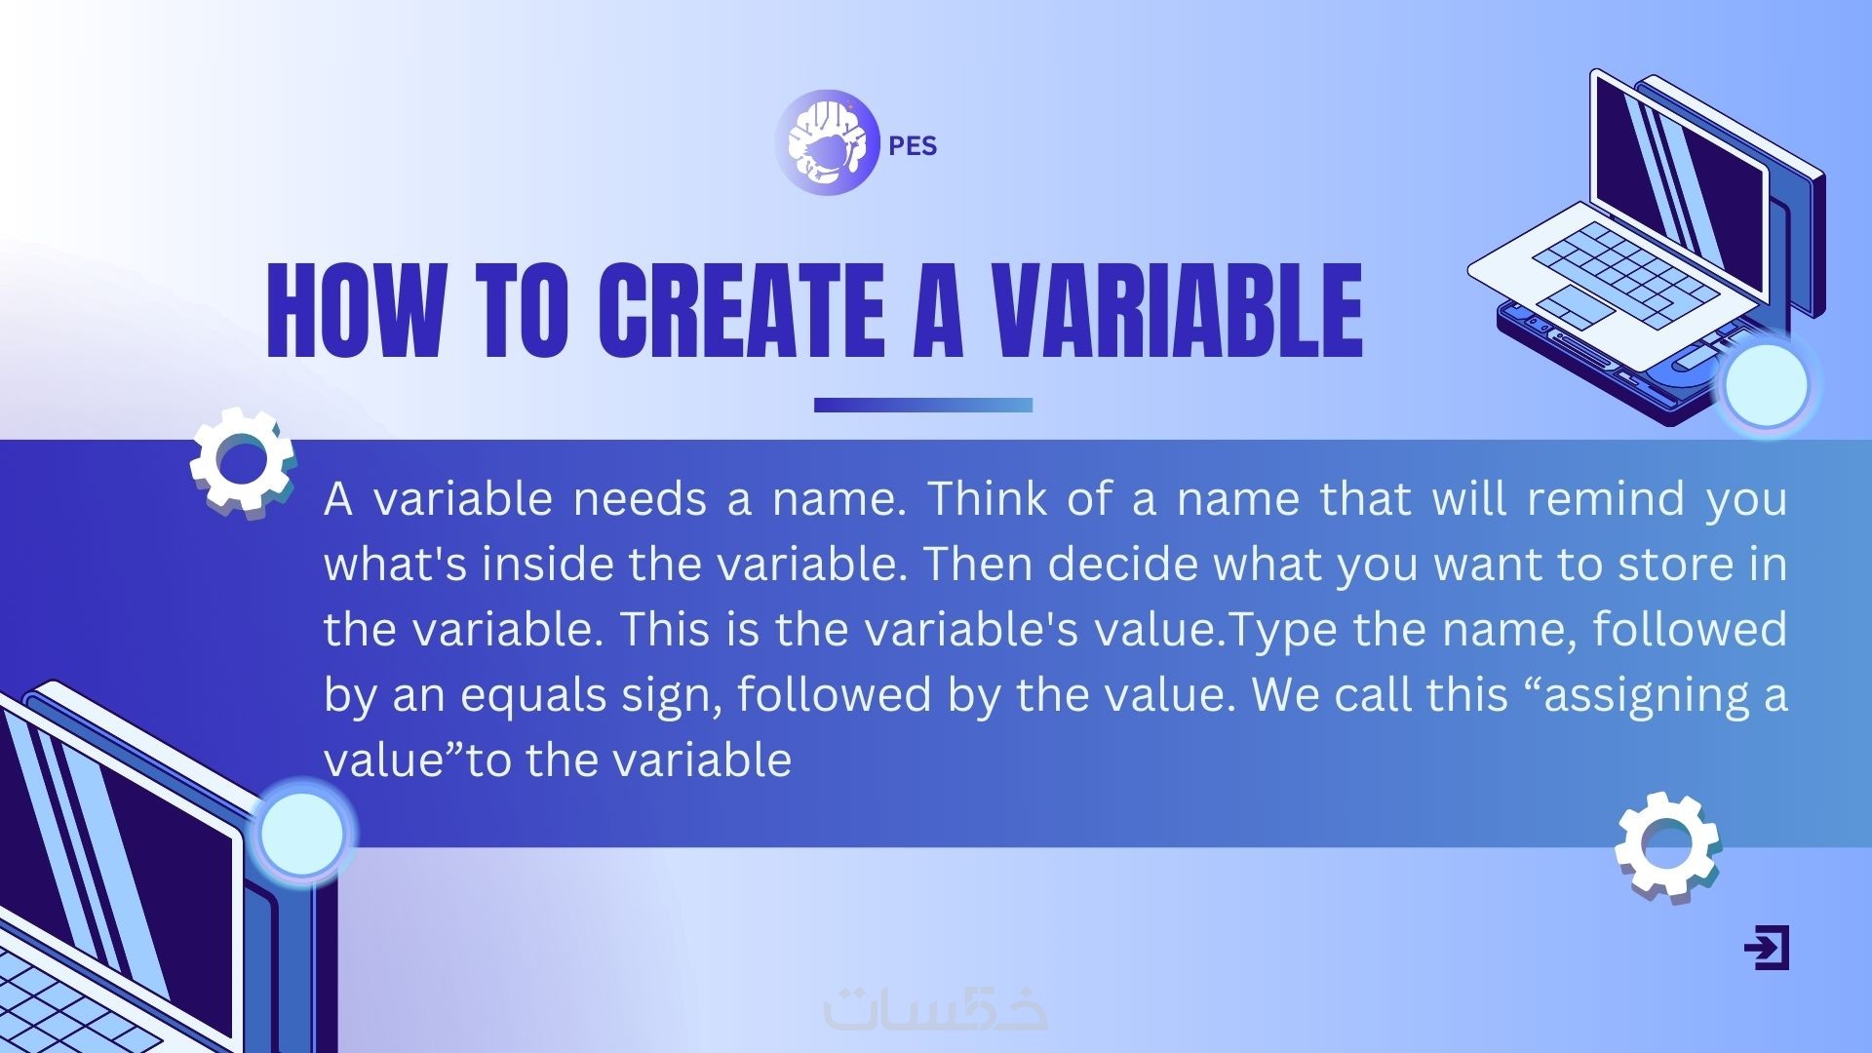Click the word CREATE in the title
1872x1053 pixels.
point(741,310)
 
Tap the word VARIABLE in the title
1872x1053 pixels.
point(1177,310)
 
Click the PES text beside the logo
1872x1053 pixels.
point(913,146)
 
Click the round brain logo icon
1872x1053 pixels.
point(828,142)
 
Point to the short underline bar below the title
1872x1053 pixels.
point(923,405)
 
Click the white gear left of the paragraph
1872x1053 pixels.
point(242,461)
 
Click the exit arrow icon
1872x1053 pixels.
point(1767,948)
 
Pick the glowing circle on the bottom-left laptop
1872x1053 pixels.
point(302,833)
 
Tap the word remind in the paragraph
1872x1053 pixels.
point(1606,498)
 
